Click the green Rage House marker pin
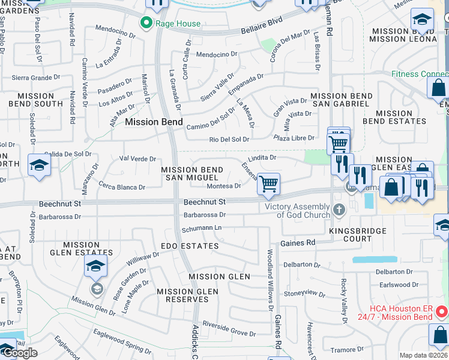145,23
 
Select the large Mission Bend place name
149,121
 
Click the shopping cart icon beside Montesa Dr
268,184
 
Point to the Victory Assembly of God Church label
298,211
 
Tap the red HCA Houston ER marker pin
442,312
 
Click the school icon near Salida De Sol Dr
39,165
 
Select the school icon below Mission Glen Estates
95,265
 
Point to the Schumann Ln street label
202,228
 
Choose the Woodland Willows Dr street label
271,279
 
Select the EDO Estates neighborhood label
189,246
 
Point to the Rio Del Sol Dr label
229,140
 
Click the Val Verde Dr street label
137,159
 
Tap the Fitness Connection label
420,74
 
